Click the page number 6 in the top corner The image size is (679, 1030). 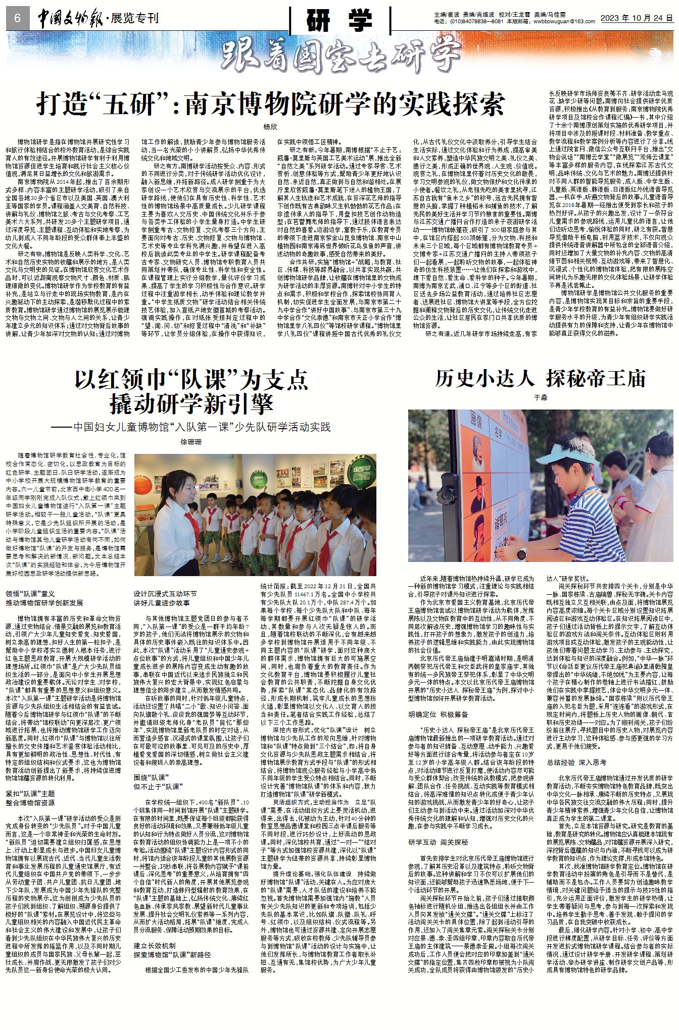coord(17,18)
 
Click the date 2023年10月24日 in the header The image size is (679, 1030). coord(637,18)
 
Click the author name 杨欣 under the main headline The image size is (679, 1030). coord(270,127)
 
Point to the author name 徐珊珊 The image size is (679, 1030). coord(191,442)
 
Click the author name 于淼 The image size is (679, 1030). coord(541,397)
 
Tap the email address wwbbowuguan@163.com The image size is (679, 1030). coord(564,22)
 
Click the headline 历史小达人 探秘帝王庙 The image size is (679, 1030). coord(541,378)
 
